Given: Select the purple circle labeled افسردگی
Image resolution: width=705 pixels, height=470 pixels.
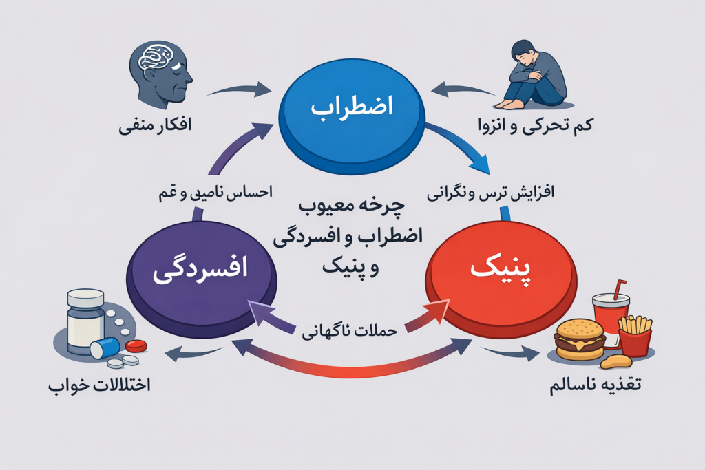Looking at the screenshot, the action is point(202,279).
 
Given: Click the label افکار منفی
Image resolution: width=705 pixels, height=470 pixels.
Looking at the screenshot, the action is point(155,125).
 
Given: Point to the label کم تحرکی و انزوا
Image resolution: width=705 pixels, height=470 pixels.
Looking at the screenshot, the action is point(536,125).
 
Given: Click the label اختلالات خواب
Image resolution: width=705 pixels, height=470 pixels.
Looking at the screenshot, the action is point(99,385).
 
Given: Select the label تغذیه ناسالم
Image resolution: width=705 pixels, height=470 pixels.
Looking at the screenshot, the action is point(596,385).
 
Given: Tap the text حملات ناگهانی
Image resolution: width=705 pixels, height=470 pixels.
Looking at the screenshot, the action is point(350,331).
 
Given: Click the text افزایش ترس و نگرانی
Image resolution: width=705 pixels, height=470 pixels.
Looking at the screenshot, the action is point(490,193).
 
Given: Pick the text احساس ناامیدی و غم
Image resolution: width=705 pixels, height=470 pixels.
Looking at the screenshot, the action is point(215,193).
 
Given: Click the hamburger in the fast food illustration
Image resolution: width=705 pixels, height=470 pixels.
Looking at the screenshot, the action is point(580,339).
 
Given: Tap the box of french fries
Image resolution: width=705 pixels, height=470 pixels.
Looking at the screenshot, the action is point(635,334).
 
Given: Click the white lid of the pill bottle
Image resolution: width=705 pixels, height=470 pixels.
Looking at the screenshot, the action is point(85,299).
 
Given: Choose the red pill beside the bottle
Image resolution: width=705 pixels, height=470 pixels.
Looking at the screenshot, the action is point(136,346).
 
